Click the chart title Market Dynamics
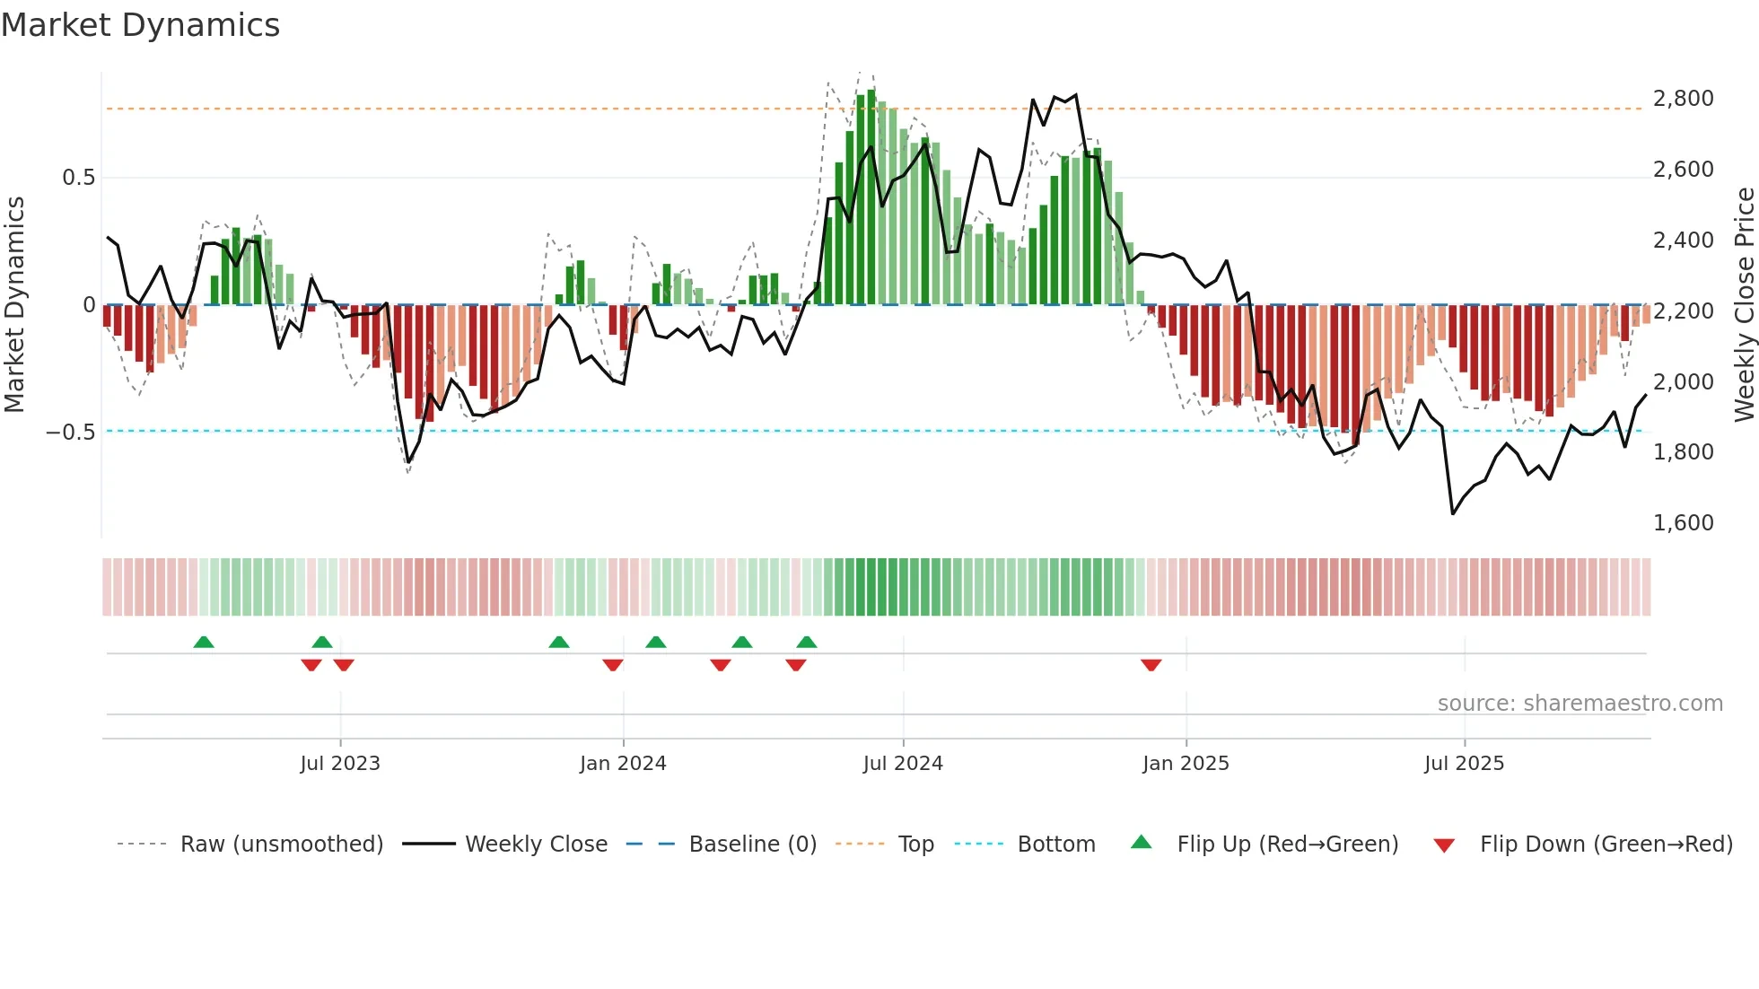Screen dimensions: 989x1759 click(140, 25)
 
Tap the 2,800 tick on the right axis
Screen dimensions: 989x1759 click(1683, 98)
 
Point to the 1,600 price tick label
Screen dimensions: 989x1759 click(1683, 522)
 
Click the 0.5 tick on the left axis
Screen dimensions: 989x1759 click(78, 177)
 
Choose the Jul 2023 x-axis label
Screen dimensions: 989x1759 click(340, 764)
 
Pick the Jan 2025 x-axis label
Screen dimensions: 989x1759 click(1186, 764)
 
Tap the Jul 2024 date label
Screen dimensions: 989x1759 click(903, 764)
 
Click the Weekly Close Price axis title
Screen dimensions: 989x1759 click(1744, 304)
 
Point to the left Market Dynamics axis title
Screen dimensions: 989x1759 click(14, 304)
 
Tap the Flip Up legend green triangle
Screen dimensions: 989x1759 click(1141, 842)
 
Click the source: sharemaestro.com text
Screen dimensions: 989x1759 click(1580, 704)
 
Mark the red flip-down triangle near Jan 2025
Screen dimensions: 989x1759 click(1151, 665)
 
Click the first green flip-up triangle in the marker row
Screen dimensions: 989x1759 click(204, 642)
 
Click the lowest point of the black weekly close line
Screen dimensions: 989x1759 click(1453, 513)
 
